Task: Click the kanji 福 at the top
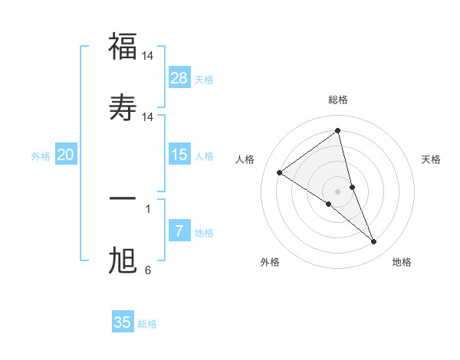(123, 47)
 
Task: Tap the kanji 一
(123, 198)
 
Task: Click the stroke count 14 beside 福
(149, 56)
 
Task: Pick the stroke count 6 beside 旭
(148, 270)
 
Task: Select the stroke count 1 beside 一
(148, 208)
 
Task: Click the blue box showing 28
(179, 78)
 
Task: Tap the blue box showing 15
(179, 155)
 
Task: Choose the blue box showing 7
(179, 231)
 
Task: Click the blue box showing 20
(66, 155)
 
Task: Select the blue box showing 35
(123, 322)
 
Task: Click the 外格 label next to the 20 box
(41, 156)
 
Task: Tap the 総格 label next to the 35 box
(147, 324)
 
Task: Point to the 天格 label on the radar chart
(432, 159)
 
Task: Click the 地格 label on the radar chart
(402, 262)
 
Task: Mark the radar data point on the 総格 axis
(338, 131)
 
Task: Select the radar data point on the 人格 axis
(280, 172)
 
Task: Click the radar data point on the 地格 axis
(374, 242)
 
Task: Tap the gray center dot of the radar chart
(338, 191)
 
